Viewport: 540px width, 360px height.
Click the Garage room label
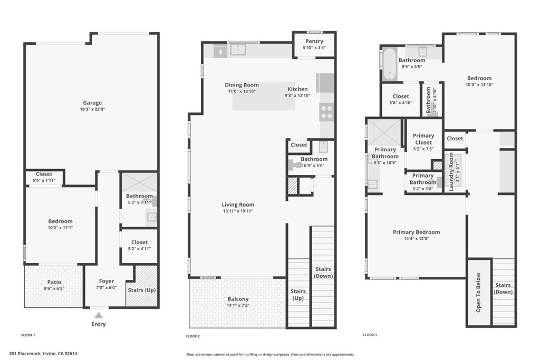(x=92, y=103)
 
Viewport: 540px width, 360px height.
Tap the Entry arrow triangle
(x=98, y=315)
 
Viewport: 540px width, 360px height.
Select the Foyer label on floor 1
(x=107, y=281)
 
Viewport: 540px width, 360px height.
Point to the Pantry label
(x=314, y=41)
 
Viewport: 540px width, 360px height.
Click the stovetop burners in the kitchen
(x=326, y=112)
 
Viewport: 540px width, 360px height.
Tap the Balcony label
(x=238, y=299)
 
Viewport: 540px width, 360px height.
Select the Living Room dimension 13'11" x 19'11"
(x=238, y=211)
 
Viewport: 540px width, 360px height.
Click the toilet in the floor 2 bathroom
(x=296, y=165)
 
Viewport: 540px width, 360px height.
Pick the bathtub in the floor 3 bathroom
(x=389, y=64)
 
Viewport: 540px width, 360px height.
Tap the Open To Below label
(x=479, y=293)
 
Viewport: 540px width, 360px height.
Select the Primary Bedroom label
(x=416, y=232)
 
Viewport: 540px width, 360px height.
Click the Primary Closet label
(x=423, y=139)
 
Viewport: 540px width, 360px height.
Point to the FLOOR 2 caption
(x=193, y=336)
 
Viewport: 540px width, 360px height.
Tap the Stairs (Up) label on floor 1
(x=142, y=290)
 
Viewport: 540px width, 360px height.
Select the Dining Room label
(x=242, y=85)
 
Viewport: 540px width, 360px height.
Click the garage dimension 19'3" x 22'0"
(x=92, y=110)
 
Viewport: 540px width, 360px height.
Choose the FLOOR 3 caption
(x=370, y=335)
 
